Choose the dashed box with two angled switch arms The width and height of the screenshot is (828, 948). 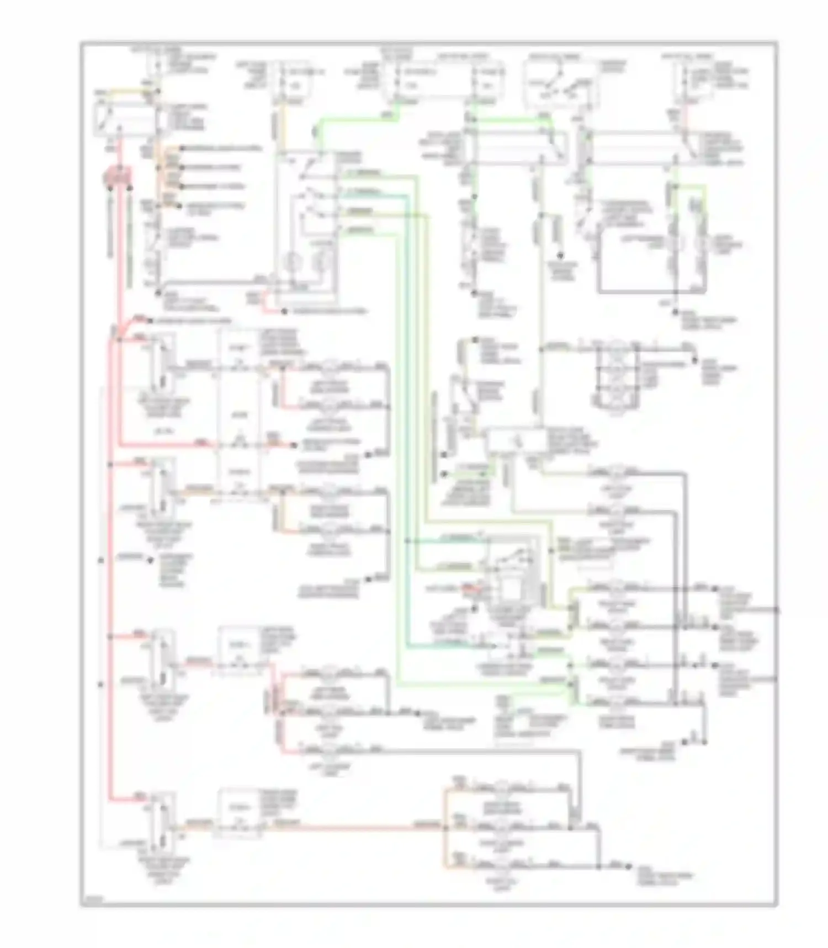560,84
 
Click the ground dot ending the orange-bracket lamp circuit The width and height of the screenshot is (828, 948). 629,866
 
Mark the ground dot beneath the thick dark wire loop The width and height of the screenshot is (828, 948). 675,312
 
